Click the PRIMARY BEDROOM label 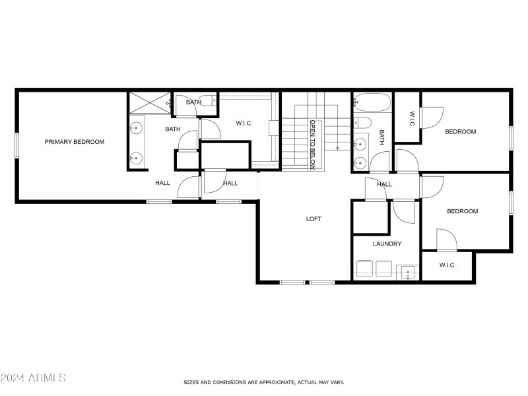(x=74, y=142)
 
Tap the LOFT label (x=313, y=218)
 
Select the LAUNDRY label (x=387, y=244)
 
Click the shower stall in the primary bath (x=148, y=103)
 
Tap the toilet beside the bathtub (x=362, y=123)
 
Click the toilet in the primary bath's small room (x=208, y=102)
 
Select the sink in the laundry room (x=407, y=271)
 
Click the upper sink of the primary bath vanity (x=137, y=127)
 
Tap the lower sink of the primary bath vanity (x=137, y=157)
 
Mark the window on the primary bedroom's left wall (x=16, y=145)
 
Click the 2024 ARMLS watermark (x=33, y=378)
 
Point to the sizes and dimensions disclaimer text (x=263, y=382)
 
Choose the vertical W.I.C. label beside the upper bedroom (x=412, y=119)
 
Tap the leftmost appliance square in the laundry (x=364, y=269)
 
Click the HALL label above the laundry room (x=384, y=185)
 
